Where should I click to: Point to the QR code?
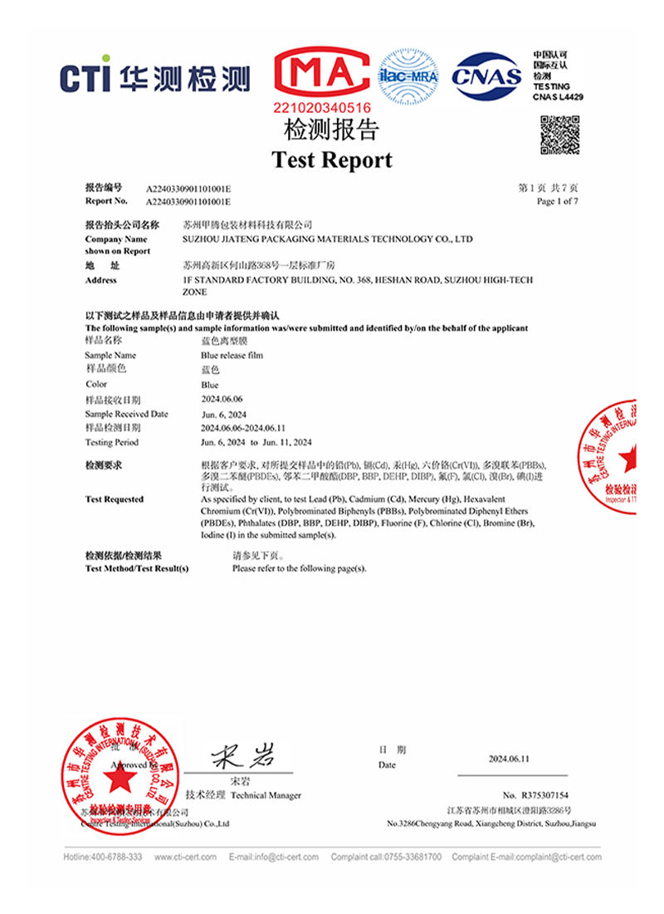pos(559,135)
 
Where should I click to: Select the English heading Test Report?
pos(332,160)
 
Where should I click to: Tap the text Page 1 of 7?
pos(558,201)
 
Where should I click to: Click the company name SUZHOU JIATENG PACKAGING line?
pos(327,238)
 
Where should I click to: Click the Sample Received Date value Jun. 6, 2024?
pos(222,414)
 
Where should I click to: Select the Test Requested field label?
pos(115,499)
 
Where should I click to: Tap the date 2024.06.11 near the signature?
pos(509,759)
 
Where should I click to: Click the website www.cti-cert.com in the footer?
pos(185,857)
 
